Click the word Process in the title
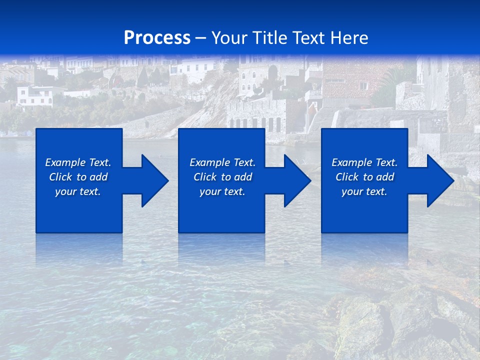pos(157,38)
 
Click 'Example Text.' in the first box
pos(78,162)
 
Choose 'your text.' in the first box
pos(78,191)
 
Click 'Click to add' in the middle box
pos(222,177)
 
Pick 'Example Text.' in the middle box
pos(222,162)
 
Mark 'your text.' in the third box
pos(364,191)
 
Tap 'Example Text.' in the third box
pos(364,162)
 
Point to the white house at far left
pos(34,96)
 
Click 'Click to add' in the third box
pos(364,177)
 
